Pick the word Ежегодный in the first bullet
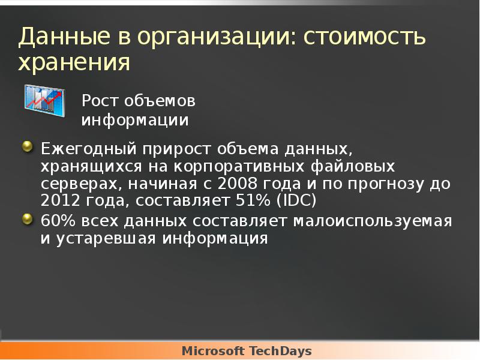[x=88, y=148]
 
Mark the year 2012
[x=61, y=200]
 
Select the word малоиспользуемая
[x=372, y=221]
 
